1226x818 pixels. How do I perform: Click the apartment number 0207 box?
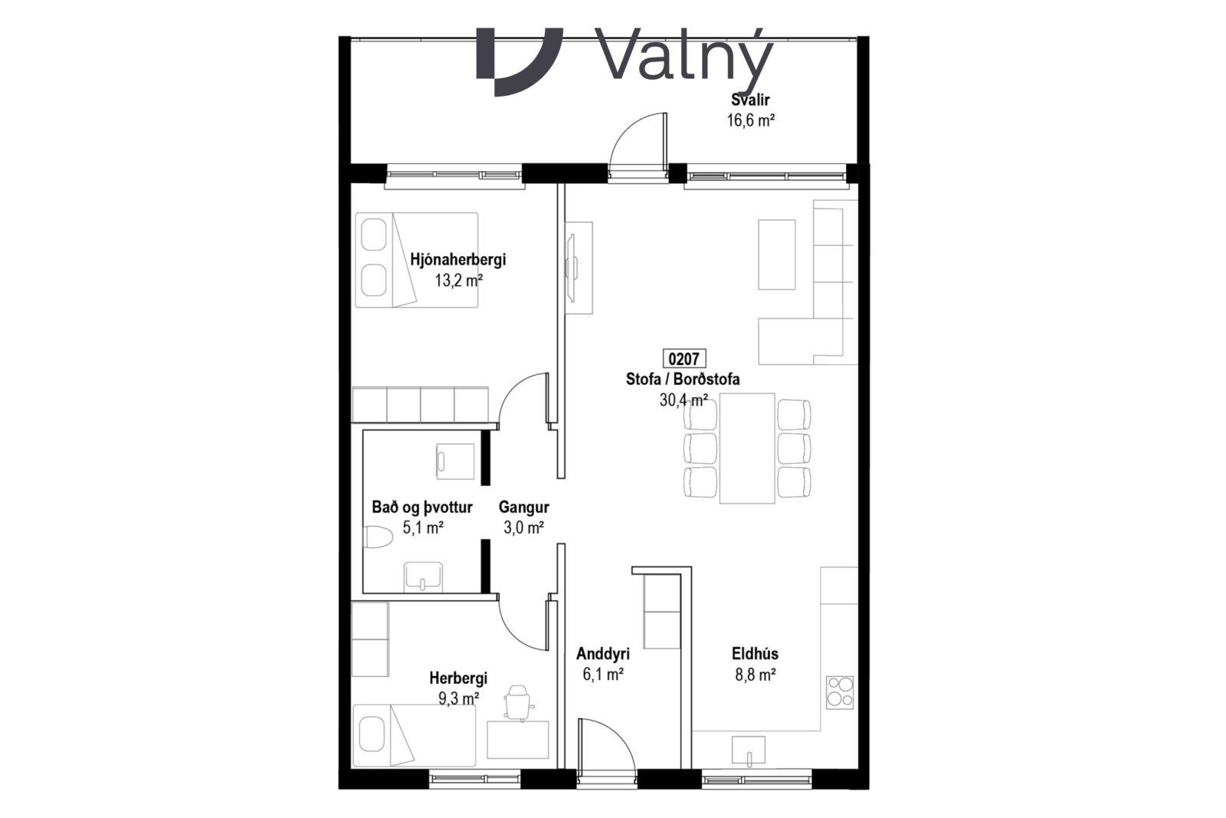coord(684,359)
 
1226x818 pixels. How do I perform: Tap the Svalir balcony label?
coord(750,100)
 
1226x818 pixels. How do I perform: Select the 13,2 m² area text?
coord(459,281)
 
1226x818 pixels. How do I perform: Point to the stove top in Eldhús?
coord(840,692)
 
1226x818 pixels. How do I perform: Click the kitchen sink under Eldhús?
coord(749,750)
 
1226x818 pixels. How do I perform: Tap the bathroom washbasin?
coord(422,577)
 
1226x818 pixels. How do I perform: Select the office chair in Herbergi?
coord(518,701)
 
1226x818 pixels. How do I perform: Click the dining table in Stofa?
coord(747,448)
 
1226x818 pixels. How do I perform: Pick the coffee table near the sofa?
coord(777,255)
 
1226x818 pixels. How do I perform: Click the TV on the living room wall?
coord(570,268)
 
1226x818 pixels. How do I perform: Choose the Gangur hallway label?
coord(524,508)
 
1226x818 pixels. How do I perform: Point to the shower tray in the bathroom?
coord(455,462)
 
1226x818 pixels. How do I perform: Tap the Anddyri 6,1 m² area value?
coord(603,675)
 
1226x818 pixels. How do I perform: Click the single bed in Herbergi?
coord(415,736)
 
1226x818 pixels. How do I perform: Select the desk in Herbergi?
coord(518,740)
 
